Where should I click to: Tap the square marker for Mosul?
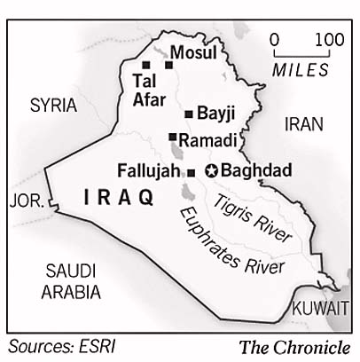coord(168,64)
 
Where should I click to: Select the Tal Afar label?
coord(148,89)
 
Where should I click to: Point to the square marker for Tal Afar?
coord(145,65)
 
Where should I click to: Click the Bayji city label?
coord(215,114)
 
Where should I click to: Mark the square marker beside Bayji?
coord(189,114)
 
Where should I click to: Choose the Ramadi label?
coord(207,140)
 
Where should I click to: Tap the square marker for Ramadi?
coord(173,137)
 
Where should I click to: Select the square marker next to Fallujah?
coord(192,172)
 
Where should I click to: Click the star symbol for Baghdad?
coord(211,171)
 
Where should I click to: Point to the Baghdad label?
coord(248,170)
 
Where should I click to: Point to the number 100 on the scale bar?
coord(329,40)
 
